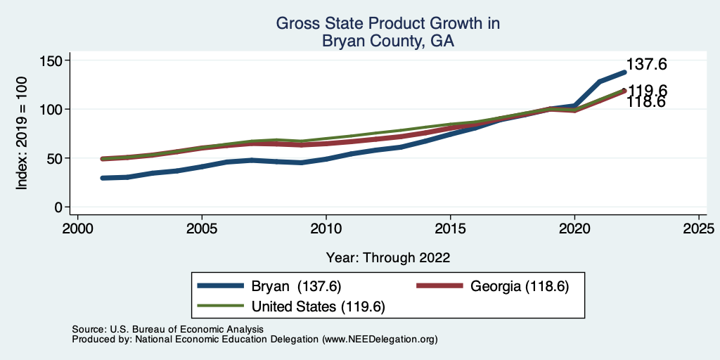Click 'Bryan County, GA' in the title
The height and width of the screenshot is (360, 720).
coord(388,41)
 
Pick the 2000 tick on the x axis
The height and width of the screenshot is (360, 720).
coord(77,229)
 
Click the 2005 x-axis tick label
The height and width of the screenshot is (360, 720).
coord(202,229)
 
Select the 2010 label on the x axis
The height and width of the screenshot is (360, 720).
coord(326,229)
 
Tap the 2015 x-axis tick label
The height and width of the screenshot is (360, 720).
coord(451,229)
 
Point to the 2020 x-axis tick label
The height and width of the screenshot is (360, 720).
coord(575,229)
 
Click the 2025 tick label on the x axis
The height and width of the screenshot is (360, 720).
coord(699,229)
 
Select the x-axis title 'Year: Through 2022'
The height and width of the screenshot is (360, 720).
coord(388,257)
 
